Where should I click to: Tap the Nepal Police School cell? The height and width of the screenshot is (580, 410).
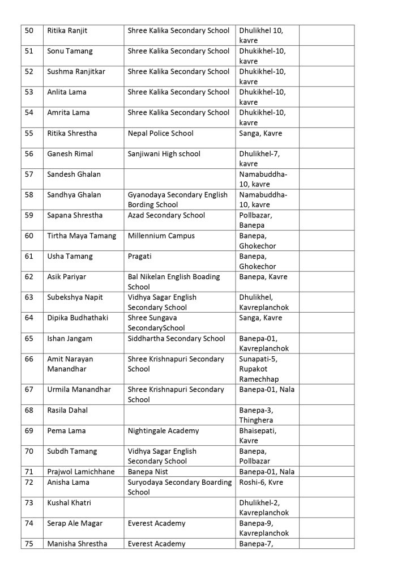(x=161, y=133)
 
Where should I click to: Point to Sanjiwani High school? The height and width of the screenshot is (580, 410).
(x=164, y=153)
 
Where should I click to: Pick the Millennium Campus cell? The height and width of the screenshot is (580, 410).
(x=161, y=236)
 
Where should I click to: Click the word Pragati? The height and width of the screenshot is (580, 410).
(x=140, y=256)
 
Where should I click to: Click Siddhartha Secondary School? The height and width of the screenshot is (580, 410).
(x=177, y=338)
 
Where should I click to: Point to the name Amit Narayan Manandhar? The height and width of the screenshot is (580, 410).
(x=70, y=364)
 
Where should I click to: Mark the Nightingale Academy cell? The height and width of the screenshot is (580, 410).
(x=164, y=430)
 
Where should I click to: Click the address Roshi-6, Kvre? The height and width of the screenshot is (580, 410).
(x=261, y=482)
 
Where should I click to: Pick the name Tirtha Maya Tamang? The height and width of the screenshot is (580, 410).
(x=82, y=236)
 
